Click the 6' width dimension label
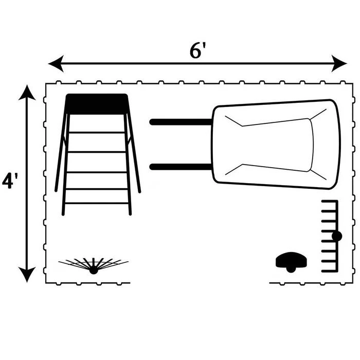[197, 50]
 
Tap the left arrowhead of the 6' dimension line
[56, 63]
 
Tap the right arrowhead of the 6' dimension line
[339, 63]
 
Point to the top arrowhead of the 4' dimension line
[27, 93]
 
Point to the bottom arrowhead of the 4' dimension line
[27, 274]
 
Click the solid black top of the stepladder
[97, 104]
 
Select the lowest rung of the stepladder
[97, 203]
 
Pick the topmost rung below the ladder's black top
[97, 133]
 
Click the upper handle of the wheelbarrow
[181, 122]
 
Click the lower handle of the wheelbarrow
[181, 167]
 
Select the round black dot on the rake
[337, 236]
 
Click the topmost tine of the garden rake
[329, 202]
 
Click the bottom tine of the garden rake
[329, 271]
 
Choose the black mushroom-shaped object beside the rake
[291, 262]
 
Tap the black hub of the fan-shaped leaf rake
[94, 270]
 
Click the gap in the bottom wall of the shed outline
[200, 283]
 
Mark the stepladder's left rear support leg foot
[56, 190]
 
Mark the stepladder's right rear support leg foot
[139, 191]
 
